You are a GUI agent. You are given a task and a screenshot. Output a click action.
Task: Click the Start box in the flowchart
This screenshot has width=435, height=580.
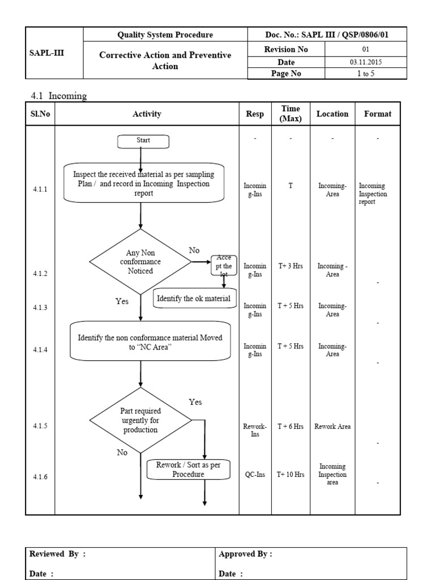click(x=142, y=141)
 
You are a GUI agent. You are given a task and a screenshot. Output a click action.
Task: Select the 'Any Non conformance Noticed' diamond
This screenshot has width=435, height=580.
click(x=140, y=262)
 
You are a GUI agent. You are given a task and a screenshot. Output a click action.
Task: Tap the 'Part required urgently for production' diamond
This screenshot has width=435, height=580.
click(x=140, y=421)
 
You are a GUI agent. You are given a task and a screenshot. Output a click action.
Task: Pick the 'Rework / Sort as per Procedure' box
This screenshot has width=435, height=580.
click(x=188, y=469)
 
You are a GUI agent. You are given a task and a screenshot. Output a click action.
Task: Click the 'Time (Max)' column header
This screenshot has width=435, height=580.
click(x=291, y=114)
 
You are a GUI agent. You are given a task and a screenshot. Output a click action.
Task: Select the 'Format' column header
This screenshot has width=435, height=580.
click(x=377, y=114)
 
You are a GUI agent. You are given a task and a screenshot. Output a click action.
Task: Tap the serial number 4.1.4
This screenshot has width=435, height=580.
click(x=40, y=350)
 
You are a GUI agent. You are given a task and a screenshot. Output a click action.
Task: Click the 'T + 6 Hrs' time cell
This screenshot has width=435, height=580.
click(x=291, y=427)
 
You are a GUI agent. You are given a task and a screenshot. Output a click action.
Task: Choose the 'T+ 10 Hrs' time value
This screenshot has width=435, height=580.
click(x=291, y=475)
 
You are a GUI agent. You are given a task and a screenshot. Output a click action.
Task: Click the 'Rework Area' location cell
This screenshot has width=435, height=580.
click(x=332, y=427)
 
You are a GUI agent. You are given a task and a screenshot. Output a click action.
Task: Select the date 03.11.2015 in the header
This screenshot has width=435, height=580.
click(x=365, y=62)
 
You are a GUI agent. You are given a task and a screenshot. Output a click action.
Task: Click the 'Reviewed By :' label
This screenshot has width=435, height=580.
click(x=58, y=555)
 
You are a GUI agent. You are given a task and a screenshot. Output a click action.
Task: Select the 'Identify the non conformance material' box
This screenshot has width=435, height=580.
click(x=150, y=342)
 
